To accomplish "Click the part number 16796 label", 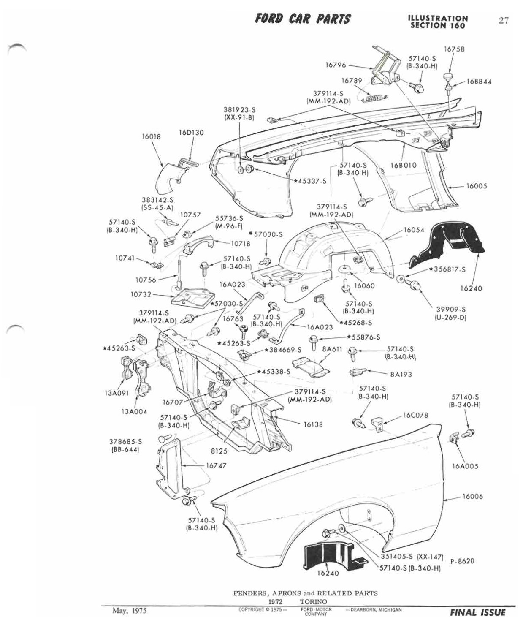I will (335, 65).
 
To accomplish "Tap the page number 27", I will (503, 20).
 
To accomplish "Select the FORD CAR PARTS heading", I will (302, 19).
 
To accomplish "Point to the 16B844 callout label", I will (479, 82).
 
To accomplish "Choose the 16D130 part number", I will (191, 133).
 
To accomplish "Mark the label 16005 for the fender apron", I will (477, 186).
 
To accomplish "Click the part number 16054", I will (414, 230).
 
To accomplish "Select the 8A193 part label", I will (401, 374).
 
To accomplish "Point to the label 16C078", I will (416, 415).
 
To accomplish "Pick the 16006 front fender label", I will (472, 497).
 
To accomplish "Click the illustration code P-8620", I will (462, 561).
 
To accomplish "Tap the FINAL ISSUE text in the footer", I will (477, 612).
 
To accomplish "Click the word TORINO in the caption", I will (313, 601).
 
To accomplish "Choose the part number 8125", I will (219, 451).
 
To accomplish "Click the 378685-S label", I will (125, 441).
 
